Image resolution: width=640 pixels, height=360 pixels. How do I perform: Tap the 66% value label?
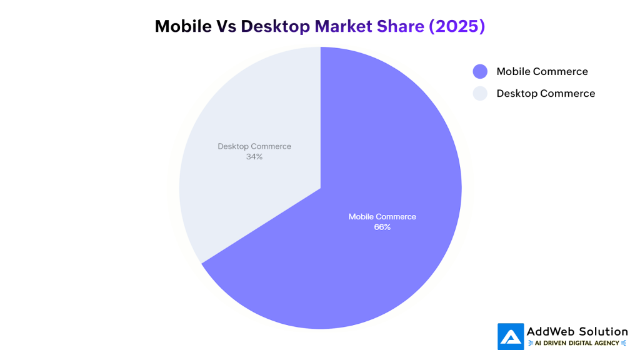click(382, 227)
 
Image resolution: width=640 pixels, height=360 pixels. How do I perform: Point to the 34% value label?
click(254, 157)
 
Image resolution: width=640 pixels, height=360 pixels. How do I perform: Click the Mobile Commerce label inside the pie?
click(382, 217)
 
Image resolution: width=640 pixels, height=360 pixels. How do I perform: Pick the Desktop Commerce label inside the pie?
click(254, 146)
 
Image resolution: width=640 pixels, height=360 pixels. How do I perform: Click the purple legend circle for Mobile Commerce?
click(480, 72)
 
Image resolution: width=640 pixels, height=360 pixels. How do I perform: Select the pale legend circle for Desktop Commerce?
click(480, 94)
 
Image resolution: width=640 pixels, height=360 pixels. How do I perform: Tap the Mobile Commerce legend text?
click(542, 72)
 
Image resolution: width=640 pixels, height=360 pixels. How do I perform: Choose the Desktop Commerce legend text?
click(546, 94)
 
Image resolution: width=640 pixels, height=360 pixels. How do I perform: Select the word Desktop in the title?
click(275, 26)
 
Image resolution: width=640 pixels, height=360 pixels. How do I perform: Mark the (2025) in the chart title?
click(456, 26)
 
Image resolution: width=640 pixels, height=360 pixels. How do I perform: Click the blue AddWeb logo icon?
click(511, 336)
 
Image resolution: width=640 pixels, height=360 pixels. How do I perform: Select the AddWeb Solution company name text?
click(577, 332)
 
